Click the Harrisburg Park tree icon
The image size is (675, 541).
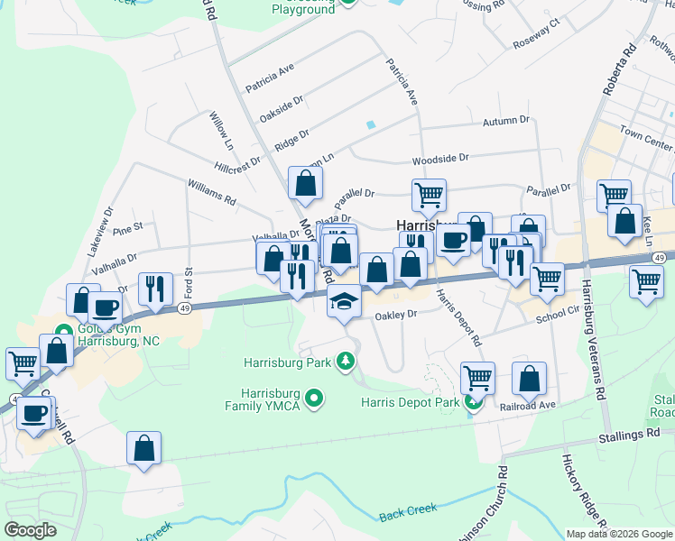[x=344, y=362]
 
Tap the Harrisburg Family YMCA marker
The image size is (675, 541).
[x=314, y=397]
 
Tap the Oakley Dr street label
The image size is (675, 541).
[x=396, y=316]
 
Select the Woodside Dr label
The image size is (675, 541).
[x=440, y=159]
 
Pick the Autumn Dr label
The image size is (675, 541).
[x=505, y=121]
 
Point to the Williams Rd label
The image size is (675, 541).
[x=211, y=191]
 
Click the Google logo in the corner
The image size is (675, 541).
[x=31, y=529]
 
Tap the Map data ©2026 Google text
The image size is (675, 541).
[x=618, y=534]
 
